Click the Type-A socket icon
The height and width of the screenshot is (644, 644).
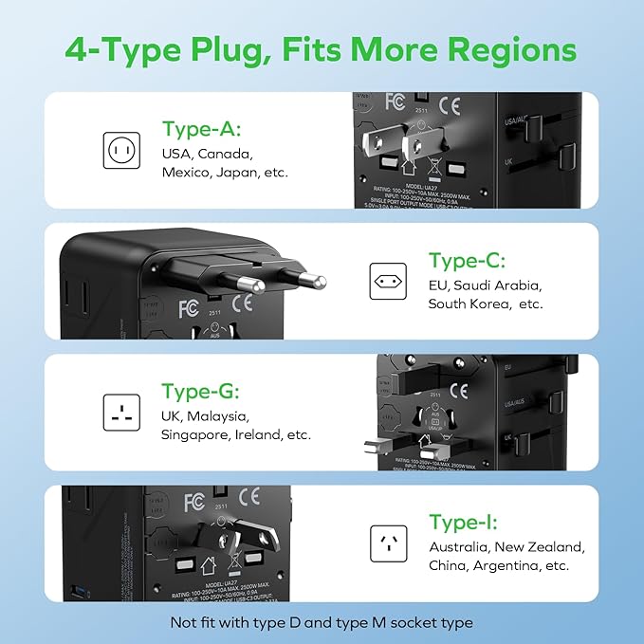click(x=121, y=149)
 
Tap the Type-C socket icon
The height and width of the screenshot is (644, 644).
click(x=388, y=281)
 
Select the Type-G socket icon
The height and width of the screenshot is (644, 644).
click(x=121, y=412)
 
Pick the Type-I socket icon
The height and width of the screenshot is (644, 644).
click(x=388, y=543)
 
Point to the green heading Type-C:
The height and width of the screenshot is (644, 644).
click(x=467, y=261)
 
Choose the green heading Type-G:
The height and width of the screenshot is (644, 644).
click(x=199, y=392)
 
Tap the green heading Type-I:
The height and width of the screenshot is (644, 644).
click(x=463, y=523)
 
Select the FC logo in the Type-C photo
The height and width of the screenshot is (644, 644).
click(x=188, y=309)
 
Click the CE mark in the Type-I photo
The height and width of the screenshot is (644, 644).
click(x=249, y=495)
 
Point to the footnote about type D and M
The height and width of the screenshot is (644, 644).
click(x=322, y=622)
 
